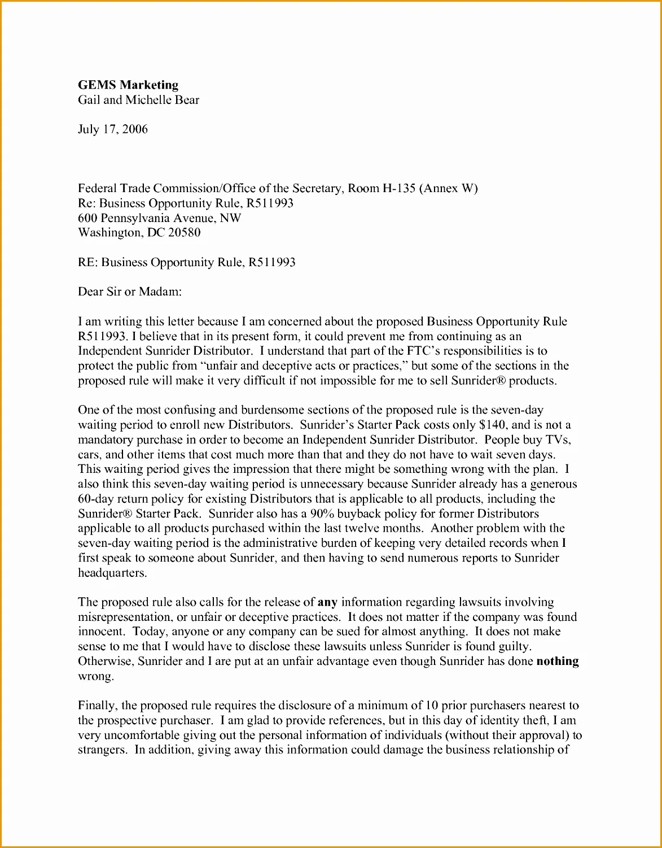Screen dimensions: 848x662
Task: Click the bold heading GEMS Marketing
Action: [x=128, y=85]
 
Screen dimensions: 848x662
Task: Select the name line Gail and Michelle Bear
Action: [x=138, y=100]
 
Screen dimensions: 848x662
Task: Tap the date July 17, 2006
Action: [x=112, y=129]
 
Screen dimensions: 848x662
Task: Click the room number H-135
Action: [x=398, y=189]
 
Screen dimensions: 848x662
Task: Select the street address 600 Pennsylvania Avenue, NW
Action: [x=159, y=218]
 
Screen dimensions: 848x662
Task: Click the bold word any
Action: [x=327, y=602]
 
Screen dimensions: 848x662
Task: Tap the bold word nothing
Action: [x=558, y=661]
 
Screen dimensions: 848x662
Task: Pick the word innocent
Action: [x=100, y=632]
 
